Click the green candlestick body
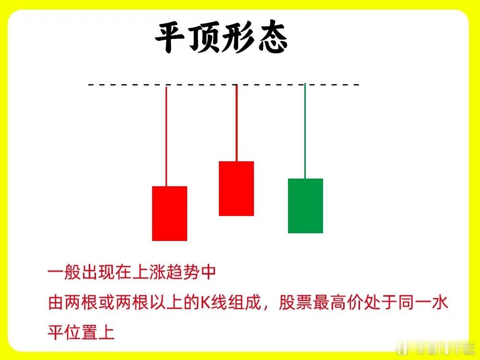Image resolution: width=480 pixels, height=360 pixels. [305, 206]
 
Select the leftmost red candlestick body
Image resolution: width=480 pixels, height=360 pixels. [169, 214]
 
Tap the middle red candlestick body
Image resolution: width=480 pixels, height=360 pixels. [236, 189]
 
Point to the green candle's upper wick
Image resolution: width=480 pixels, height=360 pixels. [305, 131]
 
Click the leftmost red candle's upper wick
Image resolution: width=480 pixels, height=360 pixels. [166, 136]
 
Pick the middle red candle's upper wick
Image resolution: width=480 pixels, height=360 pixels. [237, 123]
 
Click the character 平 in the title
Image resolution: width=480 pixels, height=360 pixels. [169, 37]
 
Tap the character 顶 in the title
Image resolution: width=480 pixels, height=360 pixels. [204, 37]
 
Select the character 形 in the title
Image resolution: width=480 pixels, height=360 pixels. [237, 37]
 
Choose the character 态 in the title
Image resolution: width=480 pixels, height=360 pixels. [272, 37]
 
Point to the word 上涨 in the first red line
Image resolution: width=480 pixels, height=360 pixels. [149, 272]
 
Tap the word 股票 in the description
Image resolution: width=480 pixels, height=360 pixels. [295, 302]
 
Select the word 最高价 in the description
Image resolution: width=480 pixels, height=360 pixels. [337, 302]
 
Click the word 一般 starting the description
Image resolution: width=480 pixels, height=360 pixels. [65, 272]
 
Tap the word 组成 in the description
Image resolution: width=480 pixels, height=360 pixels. [245, 302]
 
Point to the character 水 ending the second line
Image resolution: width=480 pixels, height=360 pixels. [440, 302]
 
